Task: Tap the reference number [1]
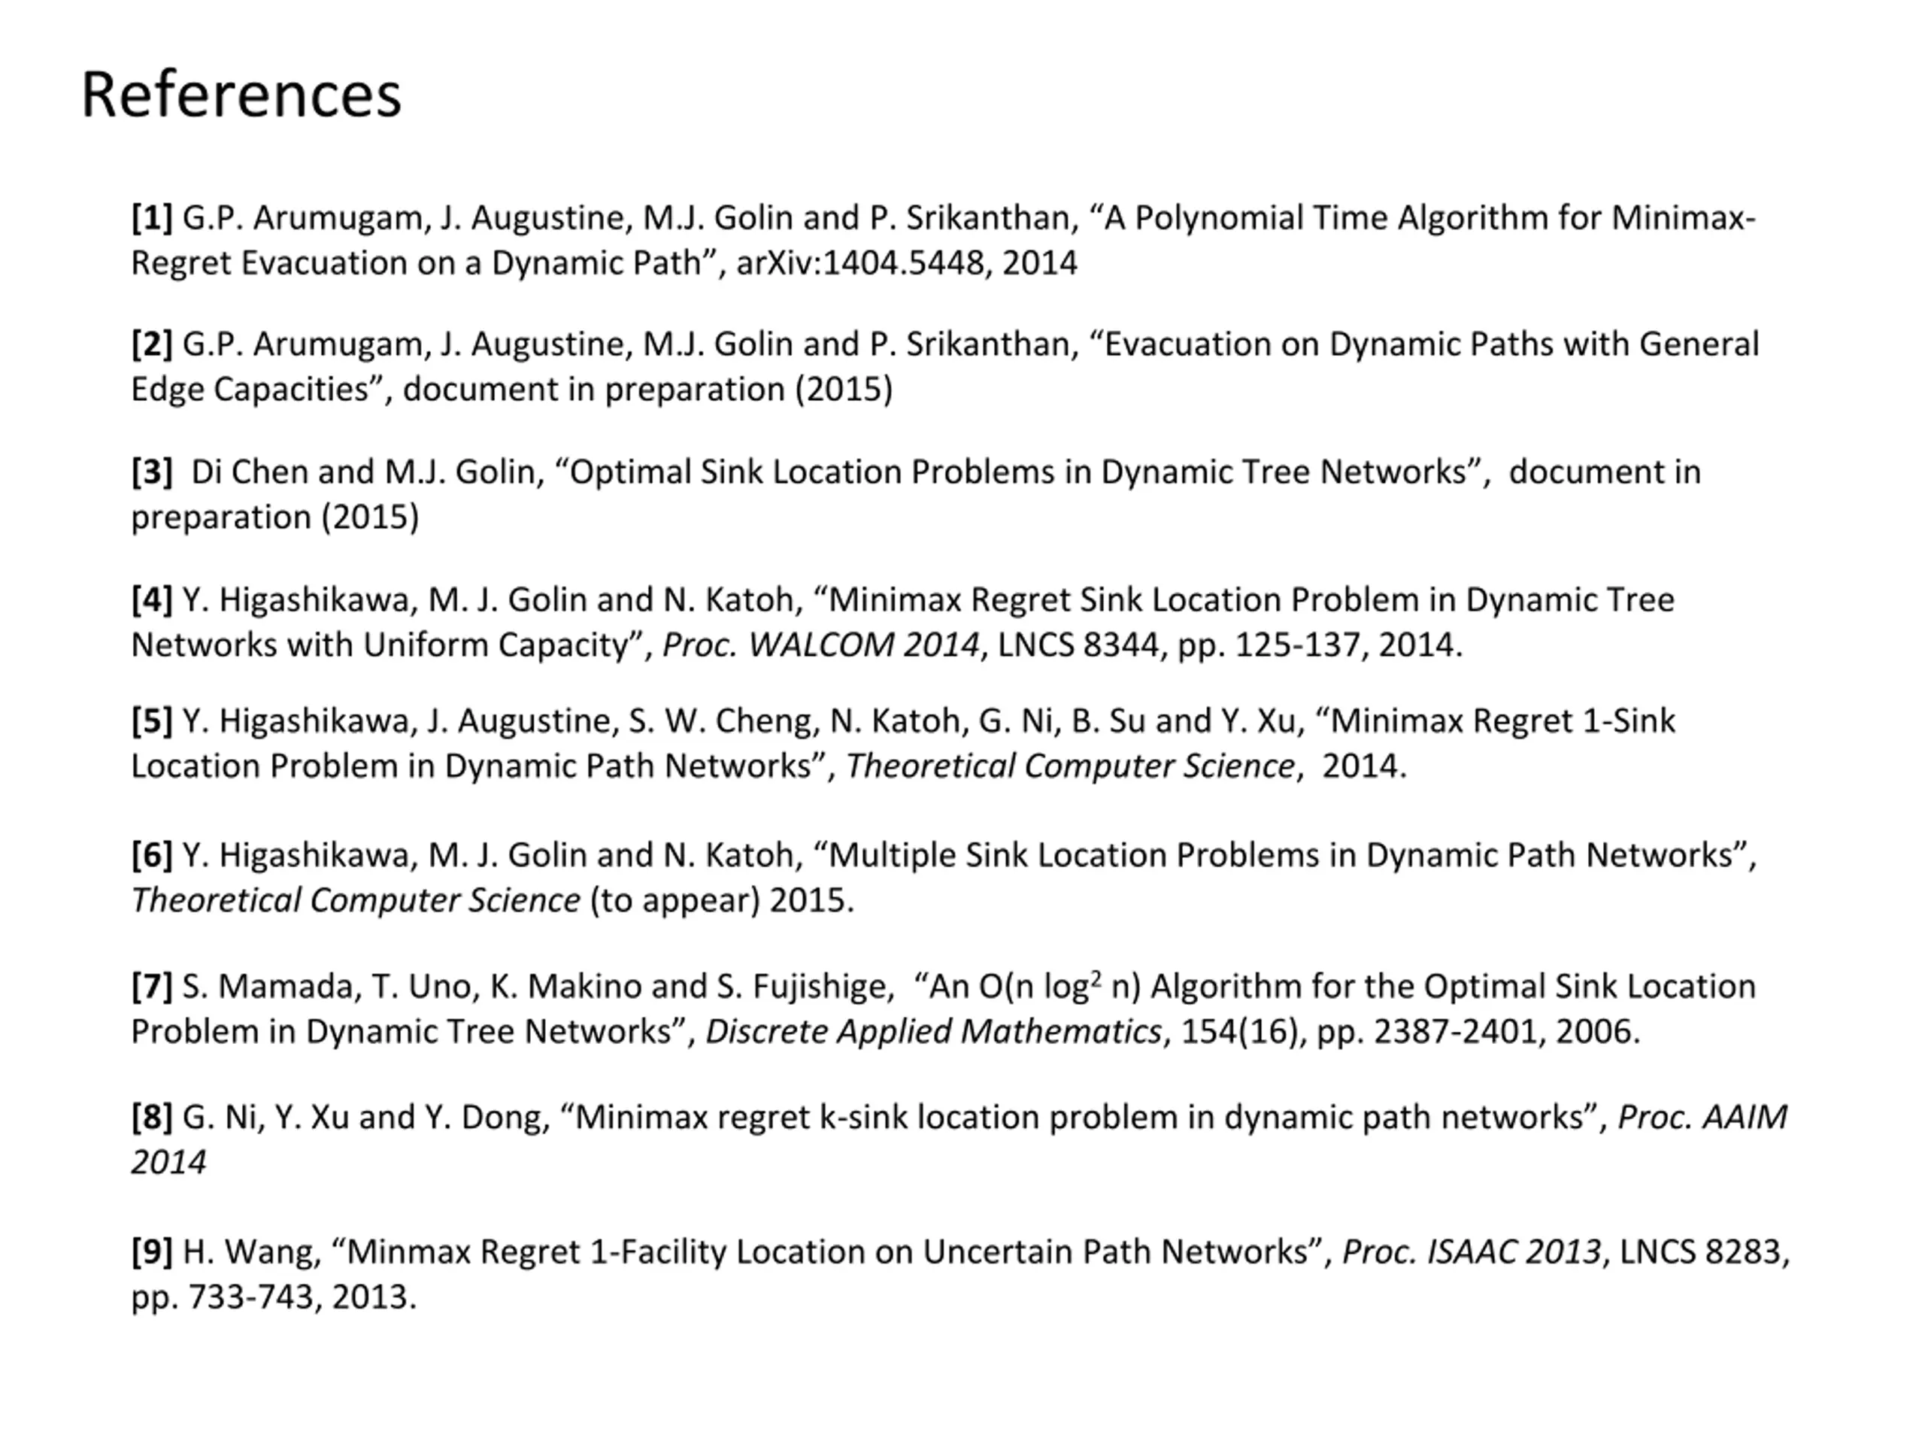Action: point(151,217)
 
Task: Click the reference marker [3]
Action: point(151,471)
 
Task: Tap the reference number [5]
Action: point(151,720)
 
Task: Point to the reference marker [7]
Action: point(151,985)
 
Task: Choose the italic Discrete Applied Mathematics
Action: point(933,1030)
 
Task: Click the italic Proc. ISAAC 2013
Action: point(1471,1251)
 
